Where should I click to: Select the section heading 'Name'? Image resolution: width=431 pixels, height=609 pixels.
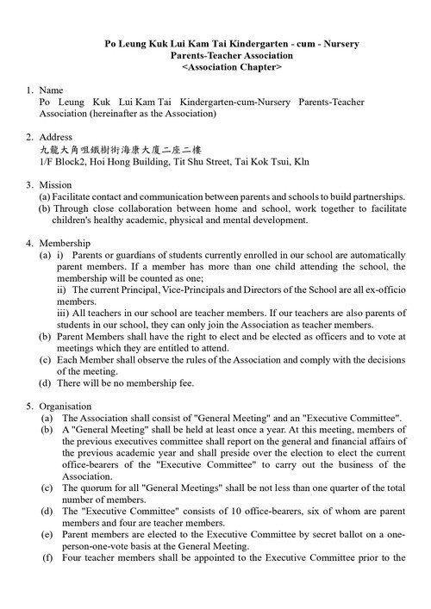tap(52, 90)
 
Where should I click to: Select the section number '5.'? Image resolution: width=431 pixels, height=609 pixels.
tap(31, 406)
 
